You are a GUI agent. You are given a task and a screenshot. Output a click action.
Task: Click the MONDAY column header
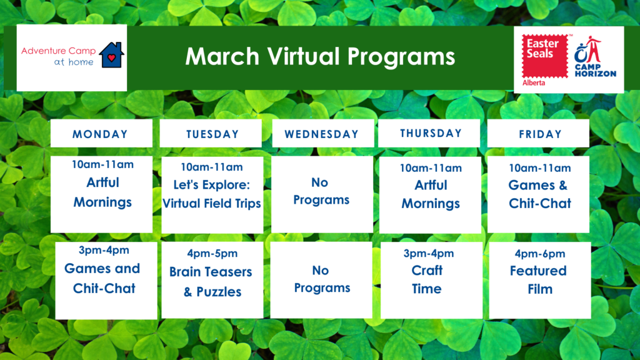coord(101,134)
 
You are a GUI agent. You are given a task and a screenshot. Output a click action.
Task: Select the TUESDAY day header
coord(211,134)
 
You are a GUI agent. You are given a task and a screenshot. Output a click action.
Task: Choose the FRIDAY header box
coord(538,134)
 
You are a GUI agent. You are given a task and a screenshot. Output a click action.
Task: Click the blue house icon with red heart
coord(111,55)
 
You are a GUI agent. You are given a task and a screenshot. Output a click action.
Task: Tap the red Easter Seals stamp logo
coord(545,56)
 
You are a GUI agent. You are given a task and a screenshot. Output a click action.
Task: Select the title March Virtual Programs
coord(320,56)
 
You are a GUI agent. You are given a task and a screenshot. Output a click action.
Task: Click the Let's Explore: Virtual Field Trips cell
coord(212,195)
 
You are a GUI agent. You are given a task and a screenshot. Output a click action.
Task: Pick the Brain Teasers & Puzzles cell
coord(212,280)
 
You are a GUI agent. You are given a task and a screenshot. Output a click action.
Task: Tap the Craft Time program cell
coord(431,280)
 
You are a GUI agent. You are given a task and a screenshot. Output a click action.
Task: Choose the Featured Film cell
coord(540,280)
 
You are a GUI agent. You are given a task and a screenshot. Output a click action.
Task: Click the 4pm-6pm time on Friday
coord(540,254)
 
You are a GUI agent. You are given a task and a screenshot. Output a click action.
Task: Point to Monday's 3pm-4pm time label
coord(104,250)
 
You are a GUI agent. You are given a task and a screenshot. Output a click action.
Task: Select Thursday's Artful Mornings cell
coord(430,195)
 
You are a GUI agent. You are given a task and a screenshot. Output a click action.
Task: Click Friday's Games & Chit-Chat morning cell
coord(538,195)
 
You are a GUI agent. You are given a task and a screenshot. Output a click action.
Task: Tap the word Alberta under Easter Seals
coord(534,83)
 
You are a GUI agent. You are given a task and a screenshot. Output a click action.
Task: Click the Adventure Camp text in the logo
coord(58,51)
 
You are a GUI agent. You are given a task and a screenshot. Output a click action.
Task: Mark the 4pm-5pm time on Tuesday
coord(212,254)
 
